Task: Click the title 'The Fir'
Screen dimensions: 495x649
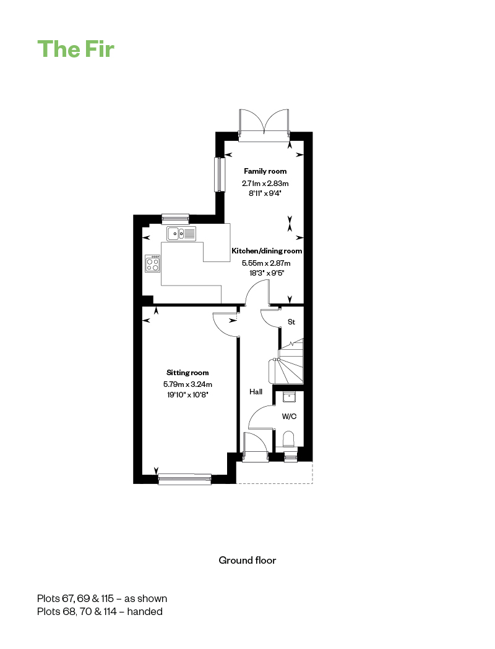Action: pyautogui.click(x=76, y=49)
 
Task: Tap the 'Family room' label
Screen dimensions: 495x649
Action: pyautogui.click(x=265, y=171)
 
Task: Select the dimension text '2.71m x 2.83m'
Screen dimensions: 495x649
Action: pyautogui.click(x=265, y=183)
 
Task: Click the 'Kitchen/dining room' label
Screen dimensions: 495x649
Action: pyautogui.click(x=267, y=251)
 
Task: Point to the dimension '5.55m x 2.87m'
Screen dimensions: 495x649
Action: pyautogui.click(x=266, y=263)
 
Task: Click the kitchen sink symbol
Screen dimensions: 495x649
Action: pyautogui.click(x=181, y=234)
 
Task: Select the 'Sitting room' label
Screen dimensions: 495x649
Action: pyautogui.click(x=187, y=373)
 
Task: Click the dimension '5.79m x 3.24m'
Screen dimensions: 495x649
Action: pyautogui.click(x=187, y=384)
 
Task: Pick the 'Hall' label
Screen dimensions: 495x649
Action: pyautogui.click(x=256, y=391)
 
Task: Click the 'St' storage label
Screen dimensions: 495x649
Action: pyautogui.click(x=291, y=321)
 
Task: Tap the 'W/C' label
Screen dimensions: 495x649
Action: pyautogui.click(x=289, y=417)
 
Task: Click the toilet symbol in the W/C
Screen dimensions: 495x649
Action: pyautogui.click(x=289, y=439)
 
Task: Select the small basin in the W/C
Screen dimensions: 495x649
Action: pyautogui.click(x=289, y=397)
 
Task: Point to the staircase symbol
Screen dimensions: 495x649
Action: pyautogui.click(x=286, y=361)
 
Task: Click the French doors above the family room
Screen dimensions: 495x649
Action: pyautogui.click(x=264, y=125)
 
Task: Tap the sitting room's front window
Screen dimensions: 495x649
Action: pyautogui.click(x=185, y=479)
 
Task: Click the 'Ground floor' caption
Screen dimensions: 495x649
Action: pyautogui.click(x=247, y=560)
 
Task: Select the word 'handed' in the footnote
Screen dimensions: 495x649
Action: pyautogui.click(x=145, y=611)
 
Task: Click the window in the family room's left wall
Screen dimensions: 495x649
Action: pyautogui.click(x=220, y=174)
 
